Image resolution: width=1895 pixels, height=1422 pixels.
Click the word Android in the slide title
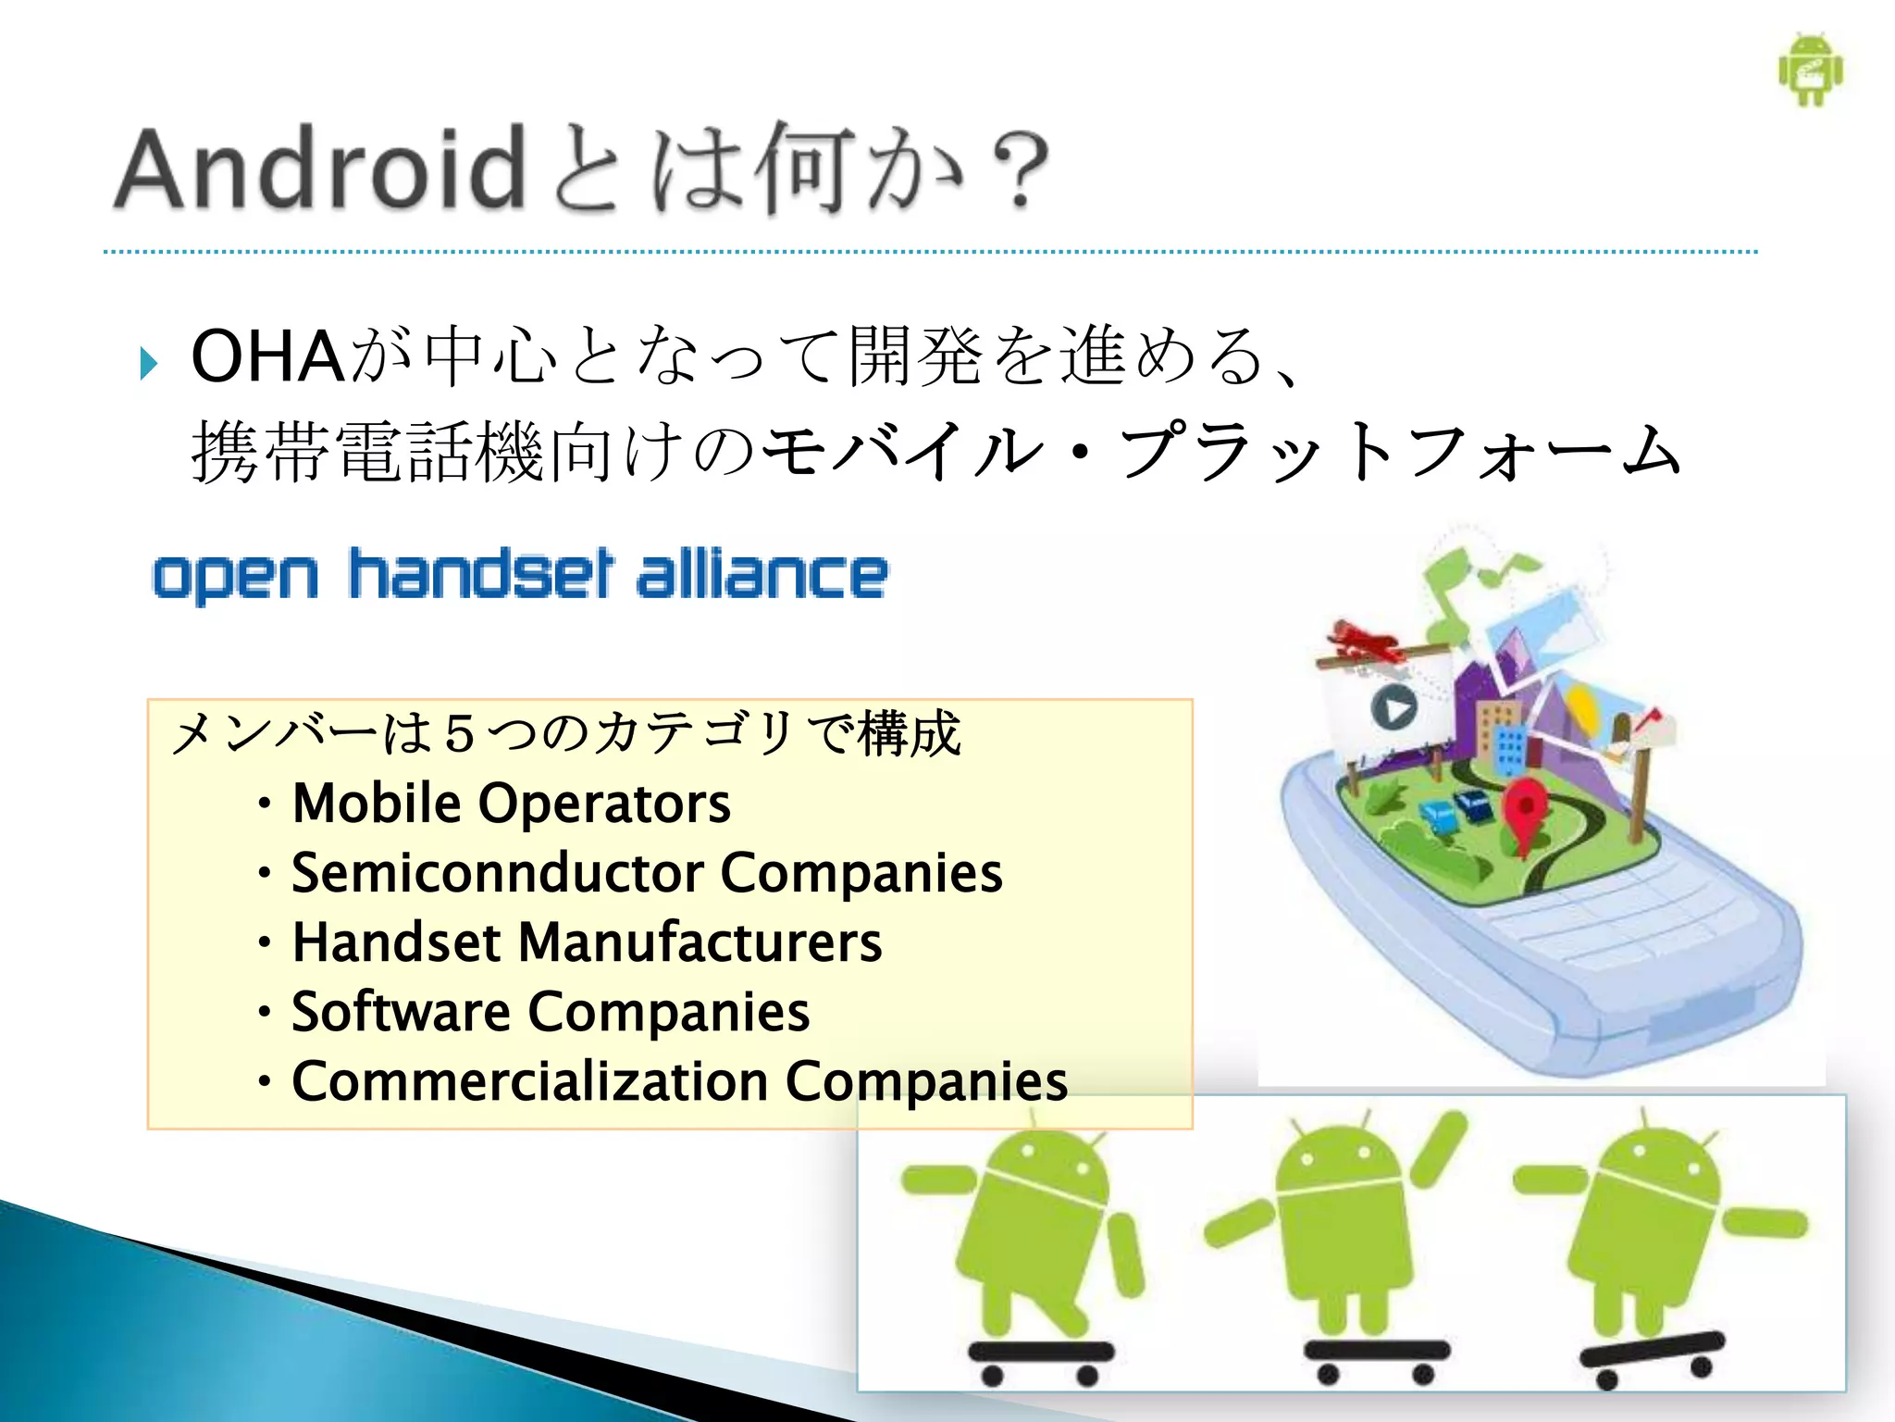click(319, 169)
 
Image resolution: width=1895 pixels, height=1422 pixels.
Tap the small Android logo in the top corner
click(1810, 70)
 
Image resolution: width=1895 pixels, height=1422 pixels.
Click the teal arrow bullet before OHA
click(148, 363)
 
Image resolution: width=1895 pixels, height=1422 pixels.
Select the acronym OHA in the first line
click(268, 356)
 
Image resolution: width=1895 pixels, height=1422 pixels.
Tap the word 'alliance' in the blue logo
click(762, 574)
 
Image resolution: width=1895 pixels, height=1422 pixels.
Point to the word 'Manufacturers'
click(700, 942)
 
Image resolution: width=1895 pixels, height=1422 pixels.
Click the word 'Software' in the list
click(400, 1011)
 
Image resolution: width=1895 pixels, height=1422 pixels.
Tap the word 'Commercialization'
click(530, 1080)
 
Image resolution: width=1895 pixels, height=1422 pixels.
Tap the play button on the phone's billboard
click(1393, 709)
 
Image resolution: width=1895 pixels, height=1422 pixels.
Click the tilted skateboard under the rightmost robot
click(1653, 1351)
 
